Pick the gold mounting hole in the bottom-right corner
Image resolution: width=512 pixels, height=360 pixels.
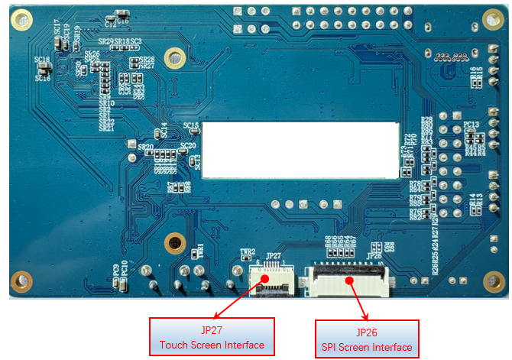[x=491, y=280]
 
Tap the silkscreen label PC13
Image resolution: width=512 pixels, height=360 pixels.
[x=471, y=124]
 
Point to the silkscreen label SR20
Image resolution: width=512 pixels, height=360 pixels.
[x=145, y=146]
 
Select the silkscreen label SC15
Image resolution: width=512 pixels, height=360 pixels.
[x=191, y=125]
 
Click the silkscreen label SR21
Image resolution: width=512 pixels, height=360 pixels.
[x=106, y=128]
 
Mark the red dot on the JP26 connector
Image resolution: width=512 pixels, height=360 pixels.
[x=348, y=280]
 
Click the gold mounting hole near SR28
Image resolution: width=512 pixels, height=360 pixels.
[x=175, y=56]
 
